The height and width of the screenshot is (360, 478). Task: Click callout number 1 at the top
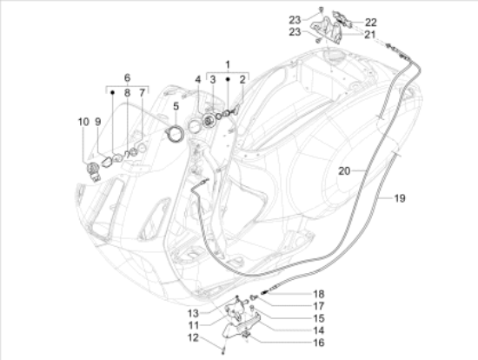(x=228, y=64)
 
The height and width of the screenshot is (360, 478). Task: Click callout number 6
(x=127, y=77)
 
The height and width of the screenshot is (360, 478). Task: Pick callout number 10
(x=84, y=122)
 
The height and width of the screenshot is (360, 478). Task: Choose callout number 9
(x=98, y=122)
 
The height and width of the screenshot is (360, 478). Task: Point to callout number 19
(x=400, y=199)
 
